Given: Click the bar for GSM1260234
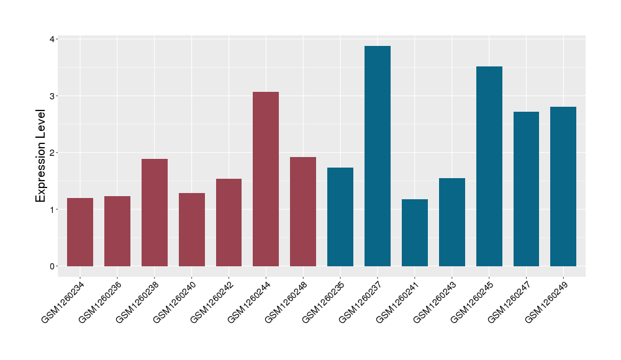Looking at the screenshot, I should pyautogui.click(x=80, y=232).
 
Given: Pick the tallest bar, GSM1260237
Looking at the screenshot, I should pyautogui.click(x=378, y=156).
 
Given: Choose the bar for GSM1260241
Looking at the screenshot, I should pyautogui.click(x=415, y=233).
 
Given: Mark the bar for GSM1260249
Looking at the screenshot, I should pyautogui.click(x=563, y=186).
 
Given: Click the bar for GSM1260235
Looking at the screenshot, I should pyautogui.click(x=340, y=217).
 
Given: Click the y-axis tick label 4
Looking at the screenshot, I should pyautogui.click(x=53, y=39).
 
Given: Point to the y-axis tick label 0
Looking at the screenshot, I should pyautogui.click(x=53, y=266).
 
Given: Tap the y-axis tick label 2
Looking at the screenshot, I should pyautogui.click(x=53, y=153).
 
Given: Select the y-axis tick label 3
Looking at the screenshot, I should pyautogui.click(x=53, y=96).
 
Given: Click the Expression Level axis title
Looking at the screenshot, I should pyautogui.click(x=41, y=155).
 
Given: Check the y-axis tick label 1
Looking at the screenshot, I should pyautogui.click(x=53, y=210).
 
